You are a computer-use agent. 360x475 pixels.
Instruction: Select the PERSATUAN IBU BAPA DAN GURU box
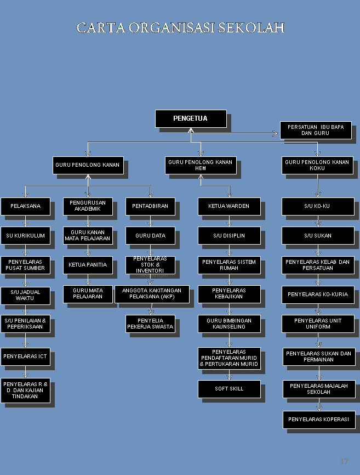tap(316, 130)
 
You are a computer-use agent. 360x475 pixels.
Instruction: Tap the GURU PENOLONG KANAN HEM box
tap(201, 165)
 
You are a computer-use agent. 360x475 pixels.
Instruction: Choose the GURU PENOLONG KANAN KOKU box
tap(317, 165)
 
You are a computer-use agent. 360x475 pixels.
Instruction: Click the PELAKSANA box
tap(25, 206)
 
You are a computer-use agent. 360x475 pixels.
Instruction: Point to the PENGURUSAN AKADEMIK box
tap(88, 206)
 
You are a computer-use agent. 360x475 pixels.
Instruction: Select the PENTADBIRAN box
tap(150, 206)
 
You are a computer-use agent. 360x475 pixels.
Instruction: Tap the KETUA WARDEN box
tap(229, 206)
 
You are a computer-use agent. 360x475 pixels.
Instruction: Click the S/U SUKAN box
tap(318, 235)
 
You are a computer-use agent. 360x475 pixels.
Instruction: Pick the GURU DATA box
tap(150, 235)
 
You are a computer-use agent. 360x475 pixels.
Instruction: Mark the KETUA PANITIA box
tap(88, 265)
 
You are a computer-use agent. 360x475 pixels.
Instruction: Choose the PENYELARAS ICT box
tap(25, 357)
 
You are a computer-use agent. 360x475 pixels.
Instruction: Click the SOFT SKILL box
tap(229, 389)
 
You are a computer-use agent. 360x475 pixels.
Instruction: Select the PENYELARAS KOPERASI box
tap(319, 420)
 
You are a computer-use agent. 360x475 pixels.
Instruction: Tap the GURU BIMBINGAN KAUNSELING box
tap(229, 324)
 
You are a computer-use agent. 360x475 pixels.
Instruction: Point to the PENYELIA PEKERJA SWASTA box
tap(150, 324)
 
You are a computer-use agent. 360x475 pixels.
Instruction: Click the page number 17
tap(344, 461)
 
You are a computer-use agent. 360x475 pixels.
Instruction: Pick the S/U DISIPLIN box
tap(229, 235)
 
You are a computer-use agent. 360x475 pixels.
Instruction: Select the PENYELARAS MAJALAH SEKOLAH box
tap(319, 389)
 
